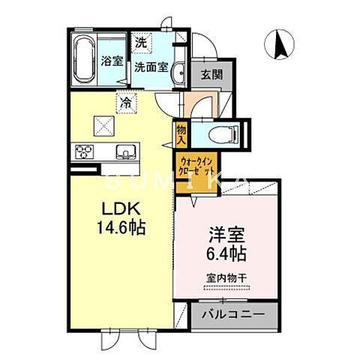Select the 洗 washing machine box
point(140,43)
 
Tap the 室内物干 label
point(226,278)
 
